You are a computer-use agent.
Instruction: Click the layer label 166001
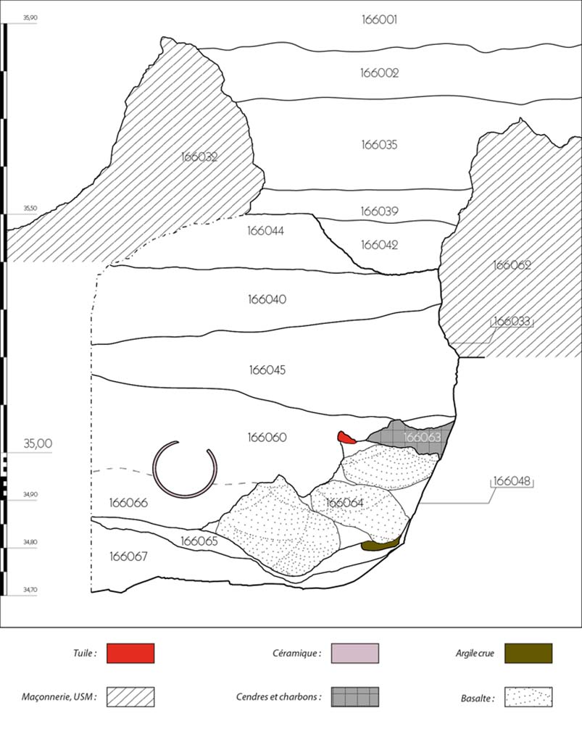coord(379,20)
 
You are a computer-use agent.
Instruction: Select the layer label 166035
coord(379,145)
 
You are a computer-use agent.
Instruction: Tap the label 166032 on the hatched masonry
coord(199,157)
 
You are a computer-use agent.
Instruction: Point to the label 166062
coord(512,265)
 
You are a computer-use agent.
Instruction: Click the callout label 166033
coord(512,320)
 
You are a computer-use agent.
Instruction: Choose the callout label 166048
coord(512,480)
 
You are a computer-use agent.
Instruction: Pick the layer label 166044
coord(265,231)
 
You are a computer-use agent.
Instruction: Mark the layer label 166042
coord(379,245)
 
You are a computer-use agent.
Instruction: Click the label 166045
coord(267,370)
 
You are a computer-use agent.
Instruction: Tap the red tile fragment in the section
coord(346,437)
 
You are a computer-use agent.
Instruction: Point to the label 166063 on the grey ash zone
coord(422,438)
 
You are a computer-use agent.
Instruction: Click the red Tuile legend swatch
coord(130,653)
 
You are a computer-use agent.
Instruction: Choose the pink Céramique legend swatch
coord(355,653)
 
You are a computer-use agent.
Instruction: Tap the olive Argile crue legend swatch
coord(528,653)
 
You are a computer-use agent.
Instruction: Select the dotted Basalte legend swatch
coord(528,697)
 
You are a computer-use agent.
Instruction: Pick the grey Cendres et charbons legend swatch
coord(355,697)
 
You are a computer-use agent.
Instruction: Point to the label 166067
coord(128,556)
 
